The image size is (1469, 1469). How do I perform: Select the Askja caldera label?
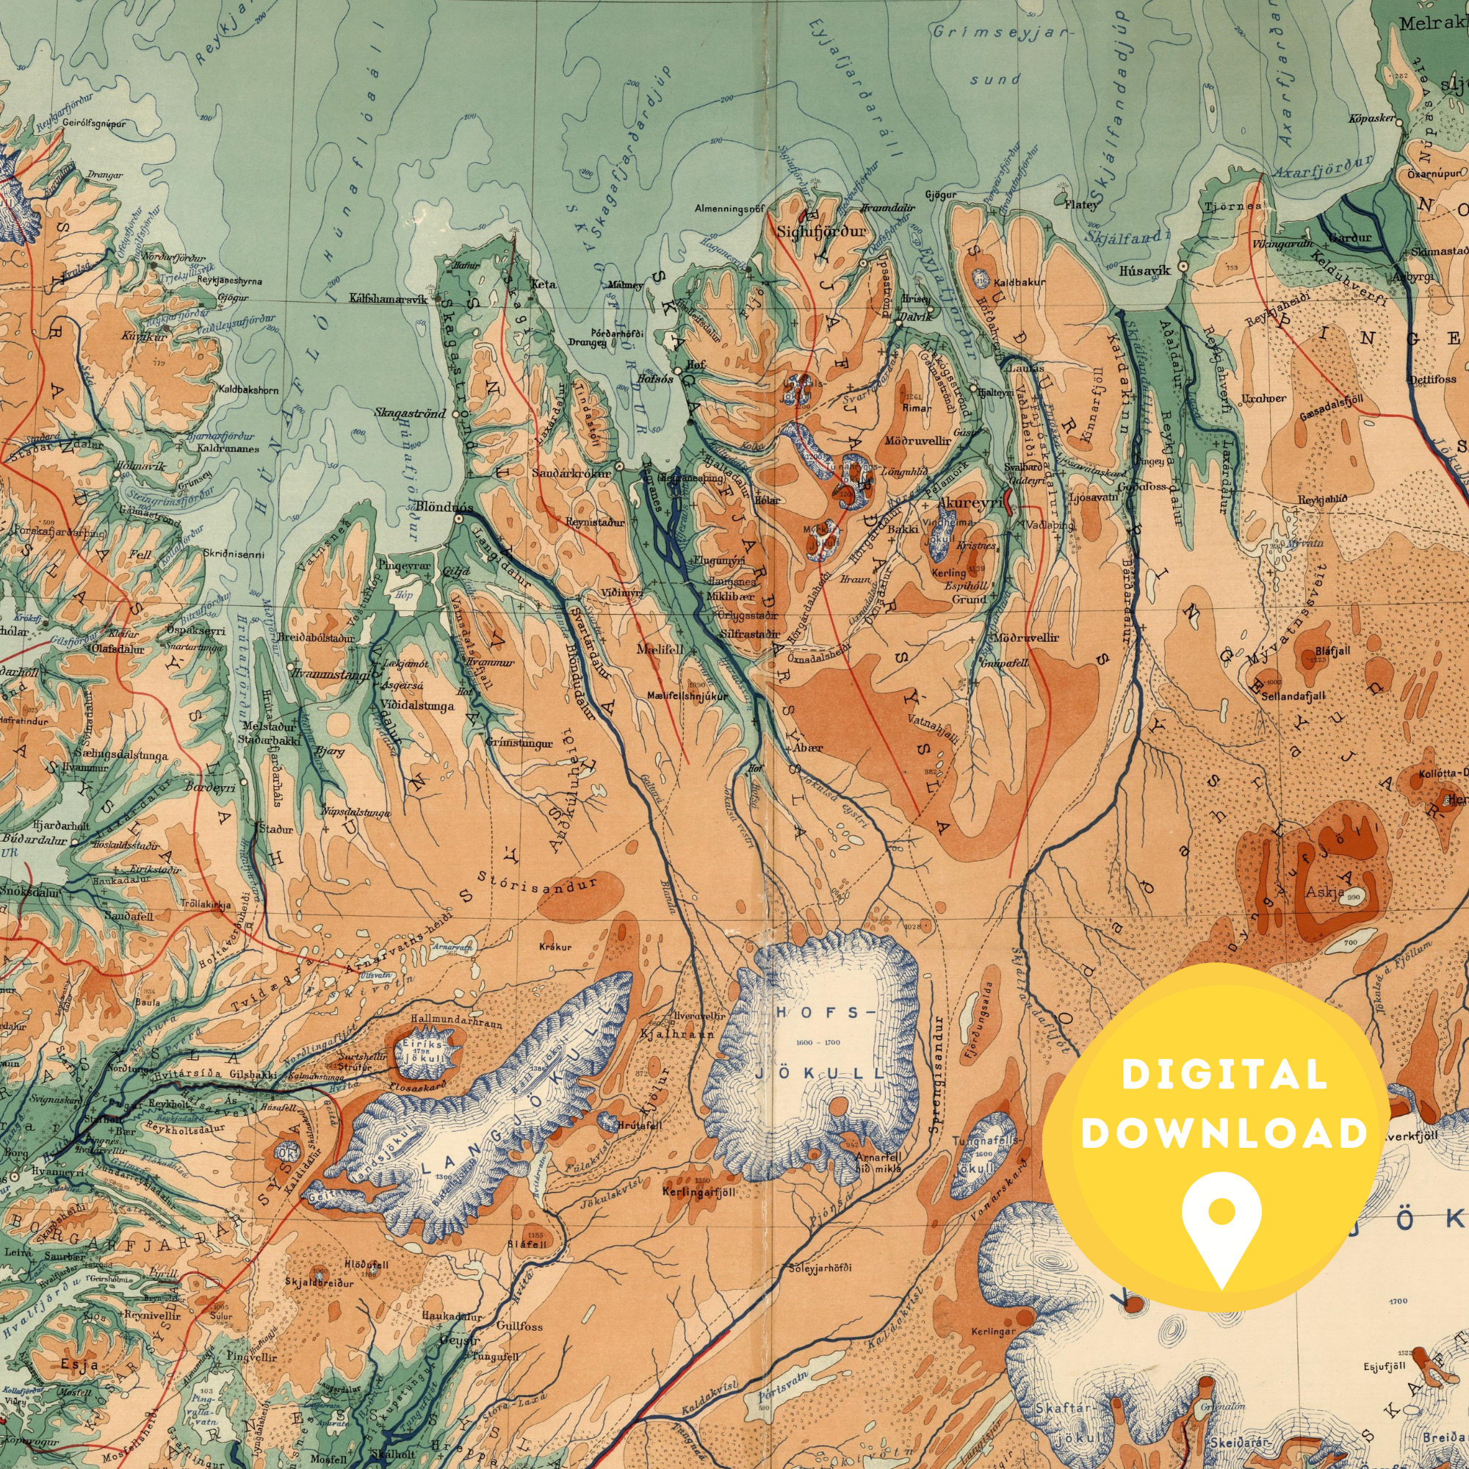tap(1320, 893)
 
